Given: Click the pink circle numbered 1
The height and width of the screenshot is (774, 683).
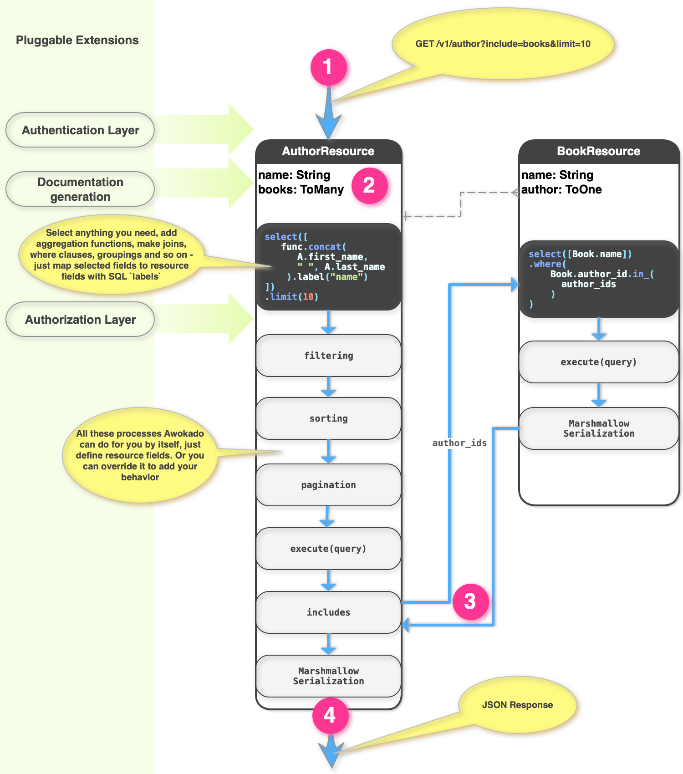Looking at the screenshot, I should pyautogui.click(x=329, y=67).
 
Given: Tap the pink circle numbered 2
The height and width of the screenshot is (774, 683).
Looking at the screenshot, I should pyautogui.click(x=369, y=185).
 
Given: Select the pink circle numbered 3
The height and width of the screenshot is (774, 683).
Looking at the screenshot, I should pyautogui.click(x=470, y=601).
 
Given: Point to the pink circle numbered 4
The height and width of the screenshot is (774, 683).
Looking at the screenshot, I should pyautogui.click(x=330, y=715).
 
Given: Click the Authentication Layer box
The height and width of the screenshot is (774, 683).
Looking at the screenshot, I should pyautogui.click(x=80, y=130).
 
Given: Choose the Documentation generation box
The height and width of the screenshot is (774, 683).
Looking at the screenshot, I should pyautogui.click(x=80, y=189).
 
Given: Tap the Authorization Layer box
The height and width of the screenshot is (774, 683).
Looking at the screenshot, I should pyautogui.click(x=80, y=320).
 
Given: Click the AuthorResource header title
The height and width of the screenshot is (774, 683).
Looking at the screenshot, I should pyautogui.click(x=328, y=152).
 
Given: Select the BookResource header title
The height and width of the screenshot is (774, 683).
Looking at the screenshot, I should pyautogui.click(x=598, y=152).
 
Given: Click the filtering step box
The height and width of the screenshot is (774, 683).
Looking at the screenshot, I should pyautogui.click(x=328, y=356).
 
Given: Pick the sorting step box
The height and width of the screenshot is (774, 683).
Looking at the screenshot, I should pyautogui.click(x=328, y=418).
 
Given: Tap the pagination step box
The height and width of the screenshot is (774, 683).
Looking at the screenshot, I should pyautogui.click(x=328, y=485).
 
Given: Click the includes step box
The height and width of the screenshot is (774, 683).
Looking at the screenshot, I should pyautogui.click(x=328, y=612).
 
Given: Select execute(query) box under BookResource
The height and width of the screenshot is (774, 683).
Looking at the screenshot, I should pyautogui.click(x=598, y=362).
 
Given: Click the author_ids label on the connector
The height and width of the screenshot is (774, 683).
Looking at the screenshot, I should pyautogui.click(x=459, y=443).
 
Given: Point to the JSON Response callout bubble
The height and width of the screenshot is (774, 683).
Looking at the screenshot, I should pyautogui.click(x=517, y=705).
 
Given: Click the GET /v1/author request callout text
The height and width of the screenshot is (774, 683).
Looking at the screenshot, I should pyautogui.click(x=503, y=44).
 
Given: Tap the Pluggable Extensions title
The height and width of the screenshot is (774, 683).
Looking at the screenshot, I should pyautogui.click(x=77, y=41).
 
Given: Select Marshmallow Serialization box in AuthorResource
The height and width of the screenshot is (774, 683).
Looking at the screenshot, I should pyautogui.click(x=328, y=676).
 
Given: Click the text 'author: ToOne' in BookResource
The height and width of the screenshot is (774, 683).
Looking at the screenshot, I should pyautogui.click(x=561, y=190).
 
